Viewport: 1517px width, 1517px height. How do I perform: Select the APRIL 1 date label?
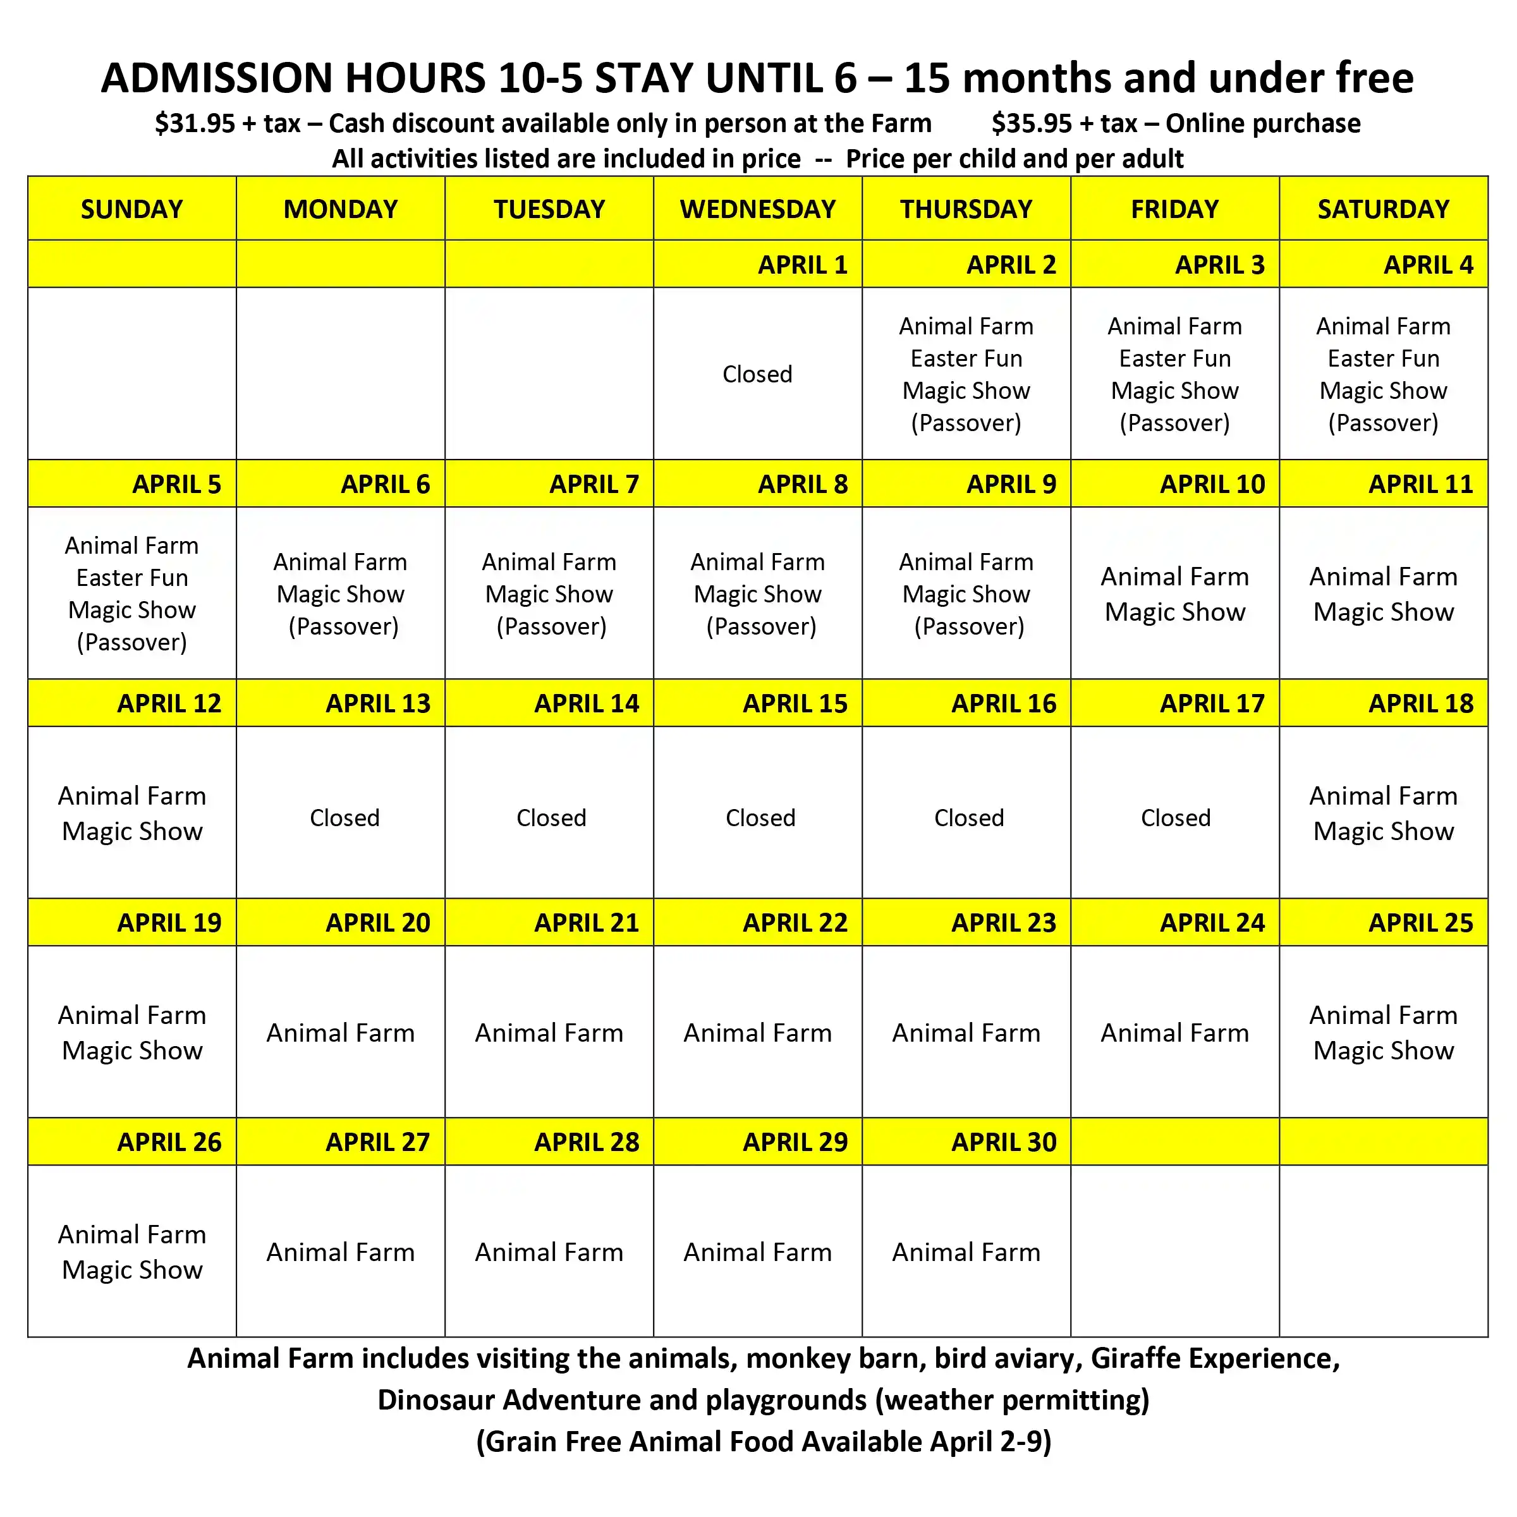click(803, 265)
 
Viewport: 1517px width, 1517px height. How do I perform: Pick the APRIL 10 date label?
click(1212, 484)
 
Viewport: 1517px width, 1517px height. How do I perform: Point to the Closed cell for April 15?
click(760, 817)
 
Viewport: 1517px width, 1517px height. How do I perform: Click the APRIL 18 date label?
click(1420, 703)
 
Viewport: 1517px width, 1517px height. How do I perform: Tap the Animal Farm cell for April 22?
click(758, 1033)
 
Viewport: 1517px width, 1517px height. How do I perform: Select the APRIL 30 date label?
click(1004, 1142)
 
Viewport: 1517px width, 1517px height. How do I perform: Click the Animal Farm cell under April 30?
click(966, 1252)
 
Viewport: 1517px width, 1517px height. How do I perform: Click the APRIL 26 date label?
click(169, 1142)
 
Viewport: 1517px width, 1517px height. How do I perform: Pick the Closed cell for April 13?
click(344, 817)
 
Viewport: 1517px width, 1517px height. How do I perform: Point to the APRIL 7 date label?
click(594, 484)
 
